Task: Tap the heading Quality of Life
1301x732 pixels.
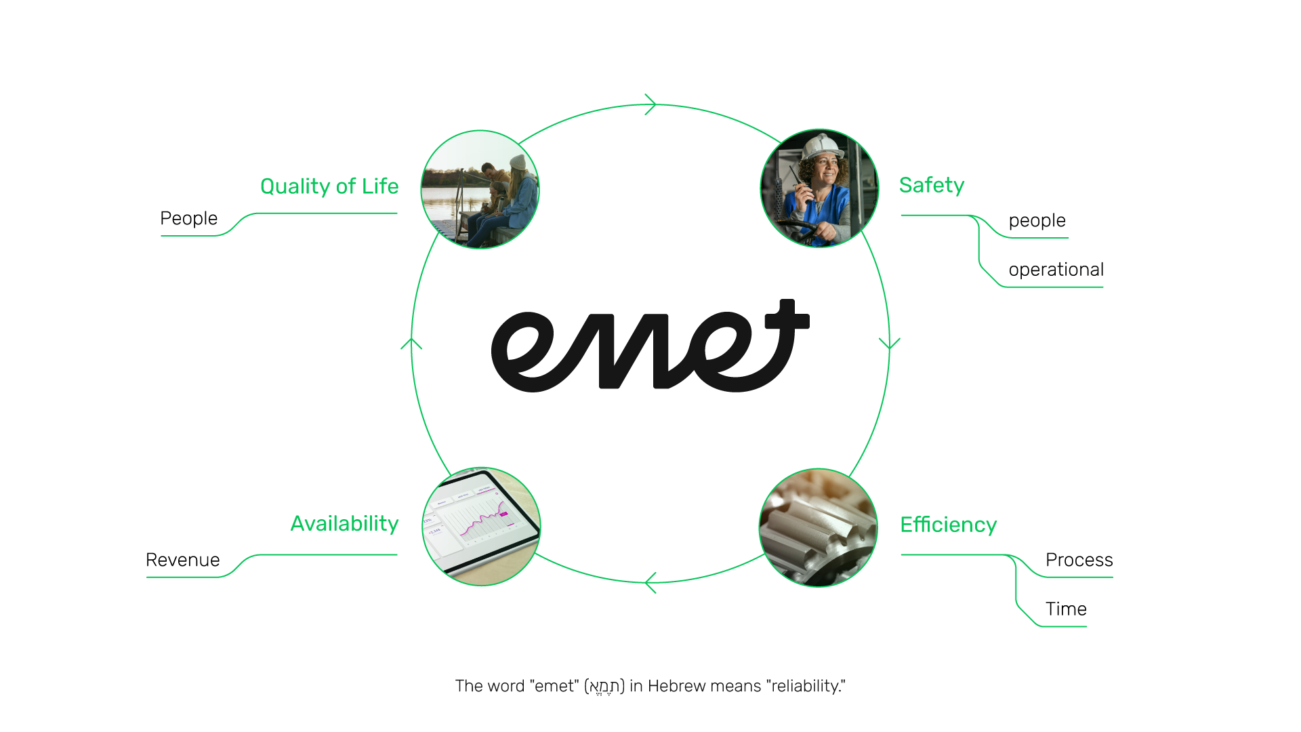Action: pyautogui.click(x=329, y=186)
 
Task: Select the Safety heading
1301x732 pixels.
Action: pyautogui.click(x=931, y=185)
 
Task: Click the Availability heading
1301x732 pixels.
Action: pyautogui.click(x=344, y=524)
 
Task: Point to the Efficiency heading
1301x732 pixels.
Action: pyautogui.click(x=948, y=525)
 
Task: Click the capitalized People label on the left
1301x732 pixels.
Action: pyautogui.click(x=188, y=218)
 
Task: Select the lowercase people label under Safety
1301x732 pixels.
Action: pyautogui.click(x=1037, y=220)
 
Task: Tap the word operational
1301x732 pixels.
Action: pyautogui.click(x=1056, y=270)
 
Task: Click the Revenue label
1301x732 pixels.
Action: pyautogui.click(x=182, y=560)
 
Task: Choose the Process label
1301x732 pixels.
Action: pyautogui.click(x=1079, y=560)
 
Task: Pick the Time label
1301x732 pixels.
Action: pyautogui.click(x=1066, y=609)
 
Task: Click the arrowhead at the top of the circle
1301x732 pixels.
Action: pyautogui.click(x=651, y=104)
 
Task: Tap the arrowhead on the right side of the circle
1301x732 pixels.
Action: pyautogui.click(x=889, y=343)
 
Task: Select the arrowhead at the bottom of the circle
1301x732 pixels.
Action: pyautogui.click(x=650, y=582)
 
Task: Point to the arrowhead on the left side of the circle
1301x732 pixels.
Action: pyautogui.click(x=411, y=343)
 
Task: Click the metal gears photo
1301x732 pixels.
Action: pyautogui.click(x=818, y=527)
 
